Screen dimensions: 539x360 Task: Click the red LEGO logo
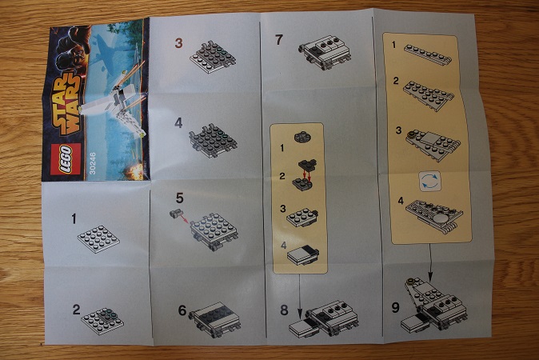coord(66,159)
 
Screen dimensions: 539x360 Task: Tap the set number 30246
coord(92,163)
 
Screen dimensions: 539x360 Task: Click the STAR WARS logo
coord(70,104)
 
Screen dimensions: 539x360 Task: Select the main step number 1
coord(74,218)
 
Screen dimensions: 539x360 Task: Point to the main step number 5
coord(179,198)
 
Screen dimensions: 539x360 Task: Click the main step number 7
coord(279,40)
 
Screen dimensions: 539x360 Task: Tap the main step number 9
coord(395,307)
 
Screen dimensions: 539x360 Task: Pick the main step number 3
coord(178,43)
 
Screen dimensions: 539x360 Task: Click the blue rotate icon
coord(429,182)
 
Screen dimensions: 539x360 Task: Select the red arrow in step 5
coord(184,218)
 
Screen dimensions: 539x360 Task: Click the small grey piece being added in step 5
coord(176,214)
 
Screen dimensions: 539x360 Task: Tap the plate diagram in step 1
coord(98,239)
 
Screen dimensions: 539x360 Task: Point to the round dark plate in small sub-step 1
coord(302,138)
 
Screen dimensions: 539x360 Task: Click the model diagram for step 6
coord(215,319)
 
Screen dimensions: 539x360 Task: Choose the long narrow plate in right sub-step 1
coord(428,54)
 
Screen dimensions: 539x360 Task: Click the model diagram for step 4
coord(214,141)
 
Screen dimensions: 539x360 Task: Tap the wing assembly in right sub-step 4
coord(434,217)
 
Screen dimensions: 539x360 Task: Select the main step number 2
coord(76,310)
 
